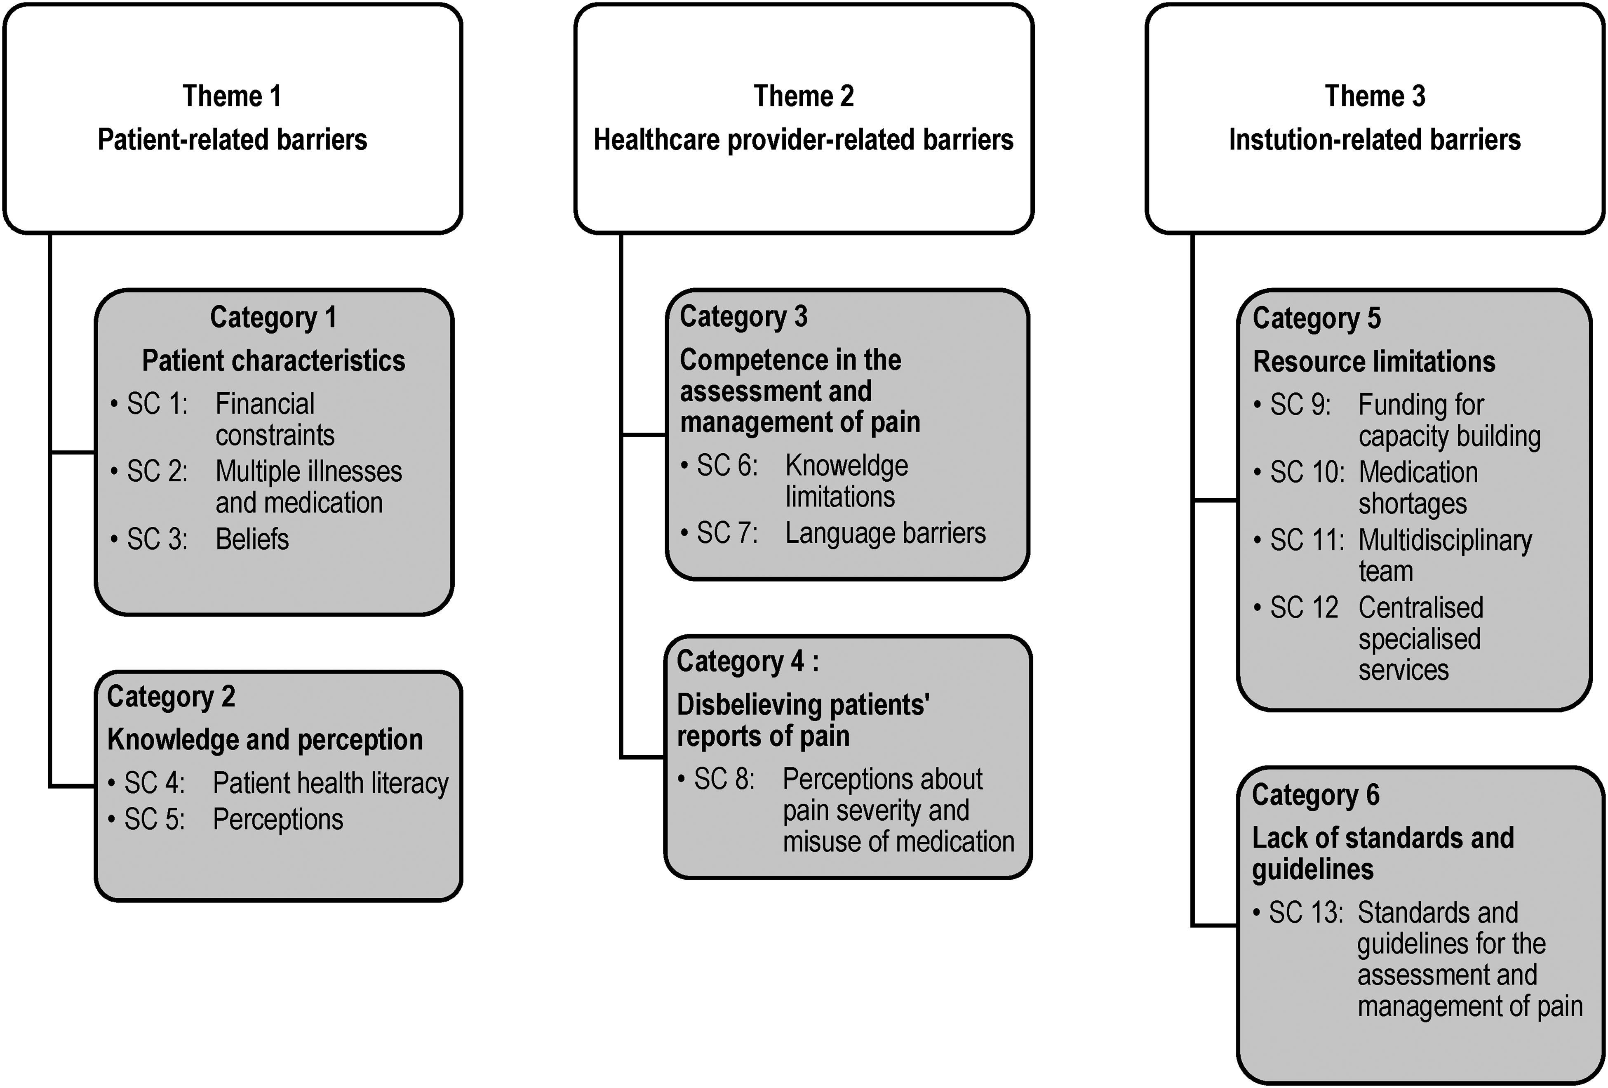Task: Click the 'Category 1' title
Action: coord(273,317)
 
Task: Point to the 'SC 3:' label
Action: coord(157,539)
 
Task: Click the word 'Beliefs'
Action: coord(252,539)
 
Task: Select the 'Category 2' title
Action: coord(171,696)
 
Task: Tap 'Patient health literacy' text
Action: coord(331,783)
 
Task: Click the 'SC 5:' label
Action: coord(154,819)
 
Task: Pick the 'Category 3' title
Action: coord(743,316)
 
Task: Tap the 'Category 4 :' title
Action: coord(747,661)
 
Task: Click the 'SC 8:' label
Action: coord(724,779)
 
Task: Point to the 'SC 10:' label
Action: coord(1307,472)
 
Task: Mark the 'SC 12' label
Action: coord(1304,608)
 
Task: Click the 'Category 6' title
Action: coord(1315,794)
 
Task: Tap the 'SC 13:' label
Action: coord(1306,912)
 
